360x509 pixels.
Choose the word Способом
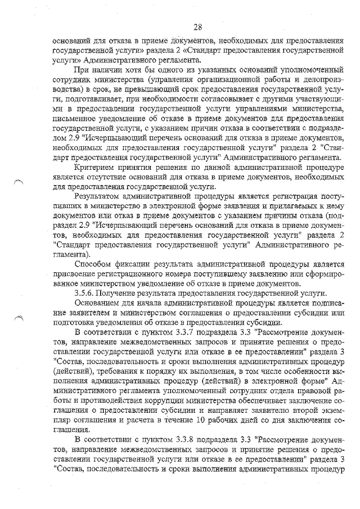[94, 264]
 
